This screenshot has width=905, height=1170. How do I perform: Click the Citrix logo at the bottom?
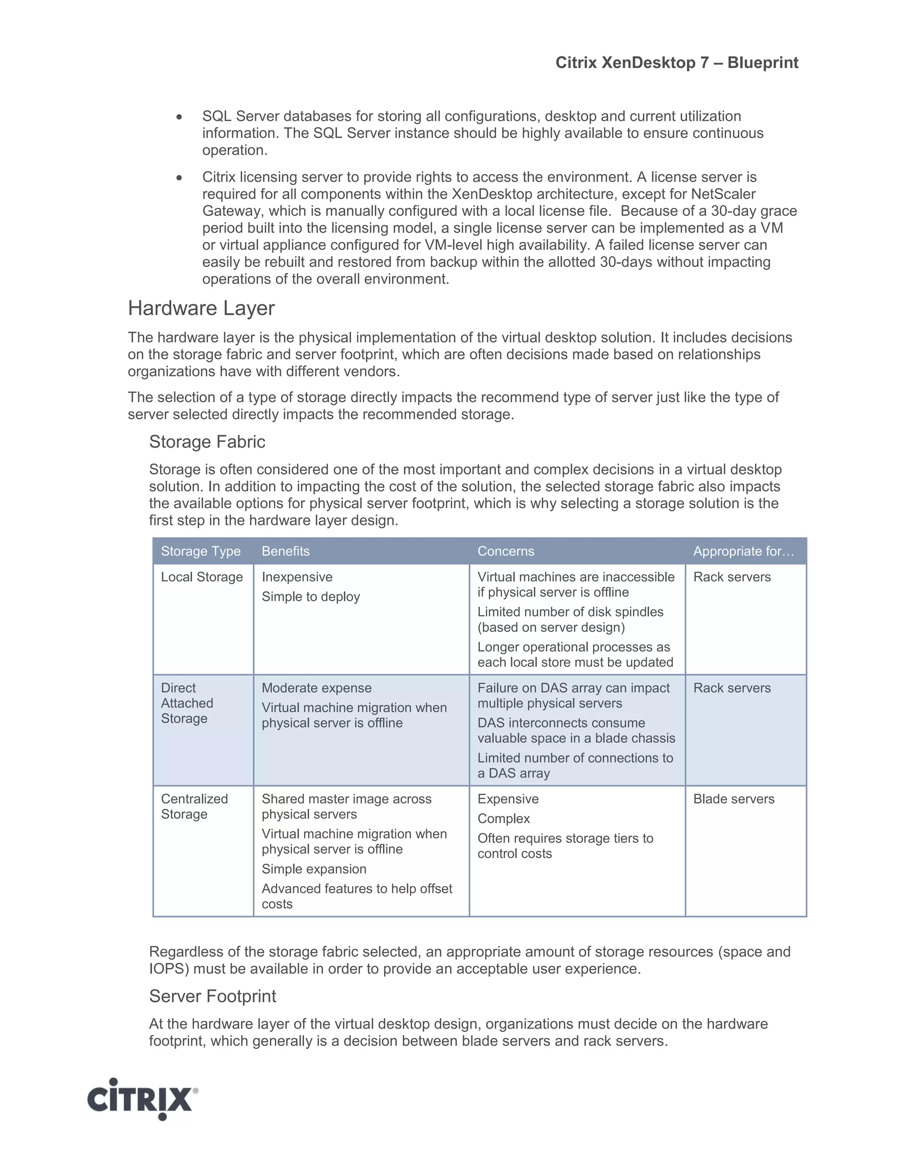point(142,1099)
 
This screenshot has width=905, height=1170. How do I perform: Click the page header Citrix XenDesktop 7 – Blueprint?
point(677,63)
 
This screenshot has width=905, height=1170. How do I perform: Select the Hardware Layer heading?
point(201,309)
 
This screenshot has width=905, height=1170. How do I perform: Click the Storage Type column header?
point(201,551)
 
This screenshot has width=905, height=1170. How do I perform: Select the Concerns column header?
point(506,551)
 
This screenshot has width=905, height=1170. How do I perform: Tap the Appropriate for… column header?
point(743,551)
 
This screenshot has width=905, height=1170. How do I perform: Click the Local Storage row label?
point(202,577)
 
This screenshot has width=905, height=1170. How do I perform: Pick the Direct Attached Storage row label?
point(186,703)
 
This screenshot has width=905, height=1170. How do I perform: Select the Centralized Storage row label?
point(194,806)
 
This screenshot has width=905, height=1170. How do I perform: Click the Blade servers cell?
point(734,799)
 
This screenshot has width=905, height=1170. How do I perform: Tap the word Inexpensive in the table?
point(297,577)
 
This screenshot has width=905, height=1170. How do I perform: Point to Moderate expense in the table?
point(316,688)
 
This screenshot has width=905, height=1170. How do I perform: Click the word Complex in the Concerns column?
point(503,819)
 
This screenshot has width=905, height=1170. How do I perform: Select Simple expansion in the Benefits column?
point(314,869)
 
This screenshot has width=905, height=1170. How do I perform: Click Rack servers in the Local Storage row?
point(732,577)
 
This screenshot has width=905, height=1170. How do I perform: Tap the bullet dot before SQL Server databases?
point(179,117)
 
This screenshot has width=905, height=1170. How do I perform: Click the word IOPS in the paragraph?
point(168,969)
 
